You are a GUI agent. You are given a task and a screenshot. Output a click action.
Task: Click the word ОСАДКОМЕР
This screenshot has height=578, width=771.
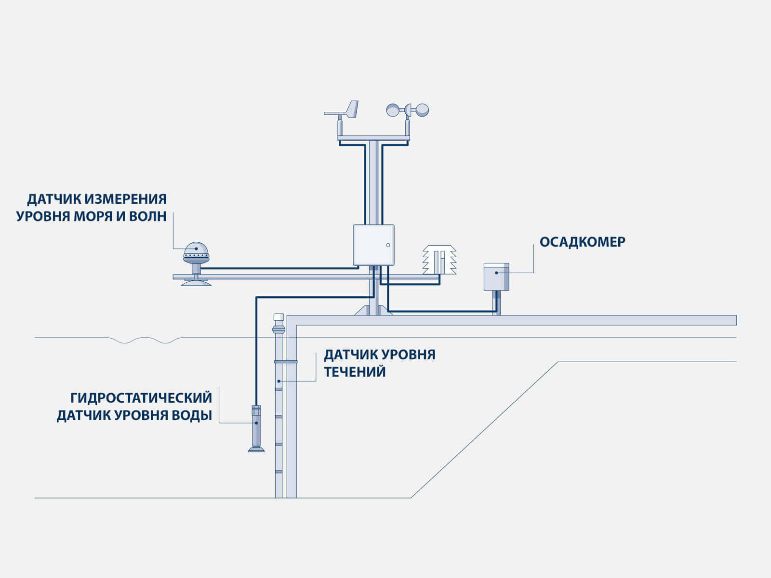582,242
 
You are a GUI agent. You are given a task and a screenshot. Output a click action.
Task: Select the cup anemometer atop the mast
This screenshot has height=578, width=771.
408,110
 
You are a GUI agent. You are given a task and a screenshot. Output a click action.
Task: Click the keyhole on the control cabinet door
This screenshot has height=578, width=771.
388,246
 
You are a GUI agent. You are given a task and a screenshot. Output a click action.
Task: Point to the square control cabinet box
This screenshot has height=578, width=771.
373,245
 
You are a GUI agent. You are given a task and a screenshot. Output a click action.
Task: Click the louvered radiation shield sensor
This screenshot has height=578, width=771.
439,260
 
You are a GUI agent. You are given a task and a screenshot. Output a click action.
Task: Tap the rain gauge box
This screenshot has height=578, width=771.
496,277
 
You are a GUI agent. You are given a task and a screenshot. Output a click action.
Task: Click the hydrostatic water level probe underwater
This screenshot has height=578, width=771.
256,428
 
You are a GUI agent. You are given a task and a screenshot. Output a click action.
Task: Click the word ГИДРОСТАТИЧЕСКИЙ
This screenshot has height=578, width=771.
141,398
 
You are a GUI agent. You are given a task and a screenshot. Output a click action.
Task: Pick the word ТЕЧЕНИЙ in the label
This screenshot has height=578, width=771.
354,372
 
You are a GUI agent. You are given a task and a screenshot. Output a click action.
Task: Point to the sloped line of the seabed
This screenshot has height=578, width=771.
484,430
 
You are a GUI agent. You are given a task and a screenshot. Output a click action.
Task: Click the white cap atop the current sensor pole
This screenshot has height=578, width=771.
279,317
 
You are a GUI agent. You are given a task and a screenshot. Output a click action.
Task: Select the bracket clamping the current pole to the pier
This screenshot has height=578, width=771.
286,361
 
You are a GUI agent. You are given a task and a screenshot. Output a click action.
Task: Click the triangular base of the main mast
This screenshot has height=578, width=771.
373,311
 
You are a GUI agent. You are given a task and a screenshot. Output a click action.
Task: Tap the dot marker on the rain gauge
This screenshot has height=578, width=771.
496,273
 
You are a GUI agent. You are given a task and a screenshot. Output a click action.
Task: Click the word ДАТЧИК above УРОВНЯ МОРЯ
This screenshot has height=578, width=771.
54,199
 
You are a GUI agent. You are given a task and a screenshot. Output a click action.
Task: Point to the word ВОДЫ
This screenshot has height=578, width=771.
192,415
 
